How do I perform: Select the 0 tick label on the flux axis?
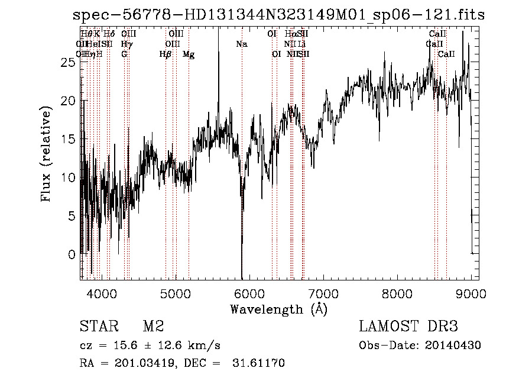coord(72,255)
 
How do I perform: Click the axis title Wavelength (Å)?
coord(278,309)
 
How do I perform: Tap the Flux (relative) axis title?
coord(47,154)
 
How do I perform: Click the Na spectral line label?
coord(242,44)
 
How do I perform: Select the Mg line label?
coord(189,54)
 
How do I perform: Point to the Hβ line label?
coord(166,54)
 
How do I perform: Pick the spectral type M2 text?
coord(153,327)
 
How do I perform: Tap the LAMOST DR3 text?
coord(408,327)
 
